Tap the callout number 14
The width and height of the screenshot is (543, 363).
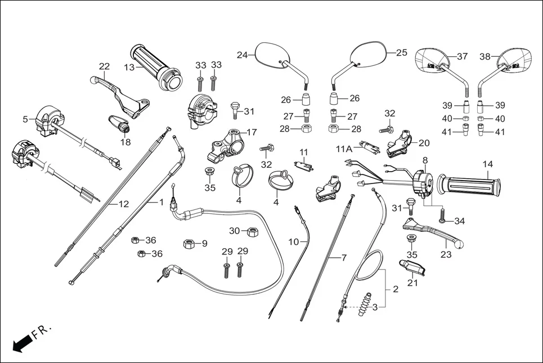point(487,164)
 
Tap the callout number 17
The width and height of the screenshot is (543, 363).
point(251,133)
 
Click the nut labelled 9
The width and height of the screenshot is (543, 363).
point(189,244)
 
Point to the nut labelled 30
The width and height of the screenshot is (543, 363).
point(252,231)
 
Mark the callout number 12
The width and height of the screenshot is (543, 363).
point(123,204)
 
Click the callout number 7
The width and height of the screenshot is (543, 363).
point(344,258)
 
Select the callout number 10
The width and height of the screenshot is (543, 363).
point(293,241)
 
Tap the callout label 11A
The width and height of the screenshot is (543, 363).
point(344,149)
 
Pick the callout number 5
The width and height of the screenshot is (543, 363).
point(25,119)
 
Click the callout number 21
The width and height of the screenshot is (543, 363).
point(412,283)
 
